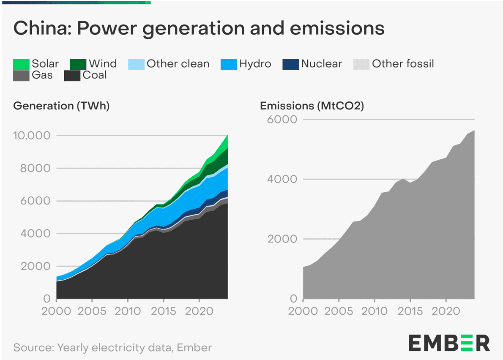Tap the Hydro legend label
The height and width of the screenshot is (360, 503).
pyautogui.click(x=255, y=64)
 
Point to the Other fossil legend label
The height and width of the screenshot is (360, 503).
pyautogui.click(x=403, y=64)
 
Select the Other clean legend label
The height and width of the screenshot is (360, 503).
pyautogui.click(x=178, y=64)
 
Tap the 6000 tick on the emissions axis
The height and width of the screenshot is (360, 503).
pyautogui.click(x=282, y=120)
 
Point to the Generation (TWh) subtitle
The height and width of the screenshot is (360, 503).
pyautogui.click(x=62, y=106)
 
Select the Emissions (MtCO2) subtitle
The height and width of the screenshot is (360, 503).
pyautogui.click(x=312, y=106)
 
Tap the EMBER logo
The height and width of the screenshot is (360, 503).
pyautogui.click(x=449, y=343)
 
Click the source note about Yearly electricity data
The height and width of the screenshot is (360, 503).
pyautogui.click(x=112, y=348)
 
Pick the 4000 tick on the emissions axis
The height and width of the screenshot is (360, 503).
pyautogui.click(x=282, y=180)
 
